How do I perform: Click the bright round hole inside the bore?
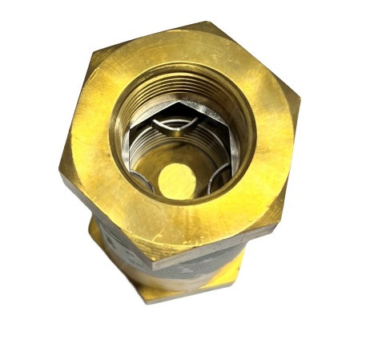pyautogui.click(x=177, y=182)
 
